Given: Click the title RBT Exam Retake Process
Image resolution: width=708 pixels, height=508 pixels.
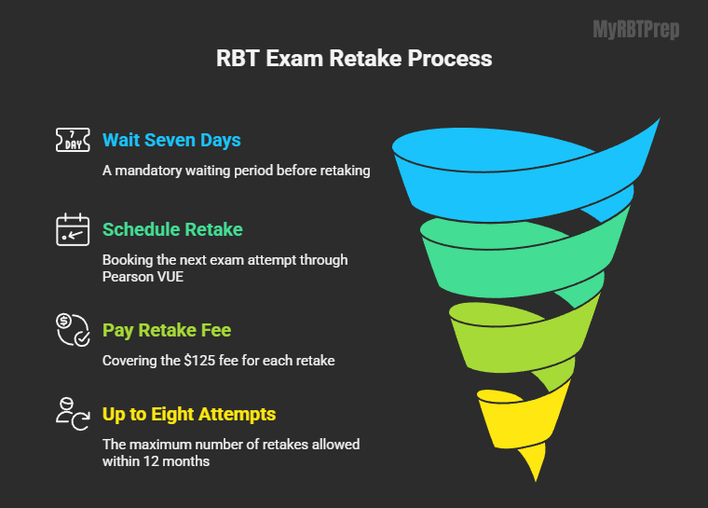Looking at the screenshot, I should (x=353, y=59).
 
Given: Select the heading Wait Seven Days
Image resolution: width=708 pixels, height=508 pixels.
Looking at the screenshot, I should (x=171, y=141).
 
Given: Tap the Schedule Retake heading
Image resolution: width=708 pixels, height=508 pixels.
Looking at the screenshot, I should (x=172, y=229).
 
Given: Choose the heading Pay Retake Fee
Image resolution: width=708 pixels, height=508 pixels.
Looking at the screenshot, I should (x=168, y=331).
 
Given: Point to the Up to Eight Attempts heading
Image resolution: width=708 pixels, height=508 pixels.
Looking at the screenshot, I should (x=189, y=414).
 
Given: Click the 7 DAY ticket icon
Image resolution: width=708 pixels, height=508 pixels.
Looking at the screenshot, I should (x=73, y=141).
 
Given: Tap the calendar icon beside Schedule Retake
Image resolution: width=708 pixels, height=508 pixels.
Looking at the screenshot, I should (x=73, y=229).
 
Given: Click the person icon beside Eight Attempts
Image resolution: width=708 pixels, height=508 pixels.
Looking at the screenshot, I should (x=73, y=414).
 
